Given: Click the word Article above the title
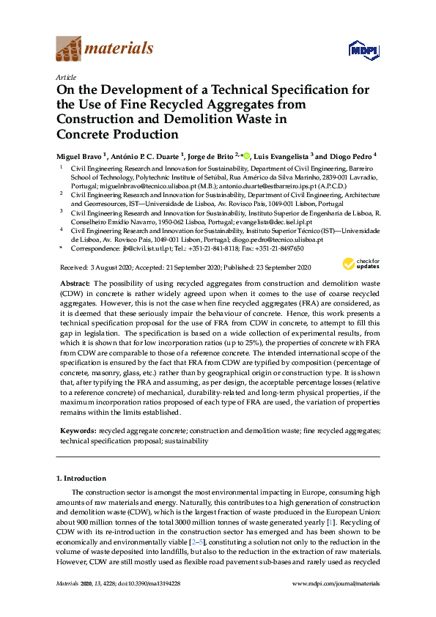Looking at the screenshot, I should [x=65, y=75].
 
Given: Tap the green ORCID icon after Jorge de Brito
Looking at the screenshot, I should [x=246, y=155].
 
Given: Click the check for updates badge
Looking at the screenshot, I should [x=361, y=263].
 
